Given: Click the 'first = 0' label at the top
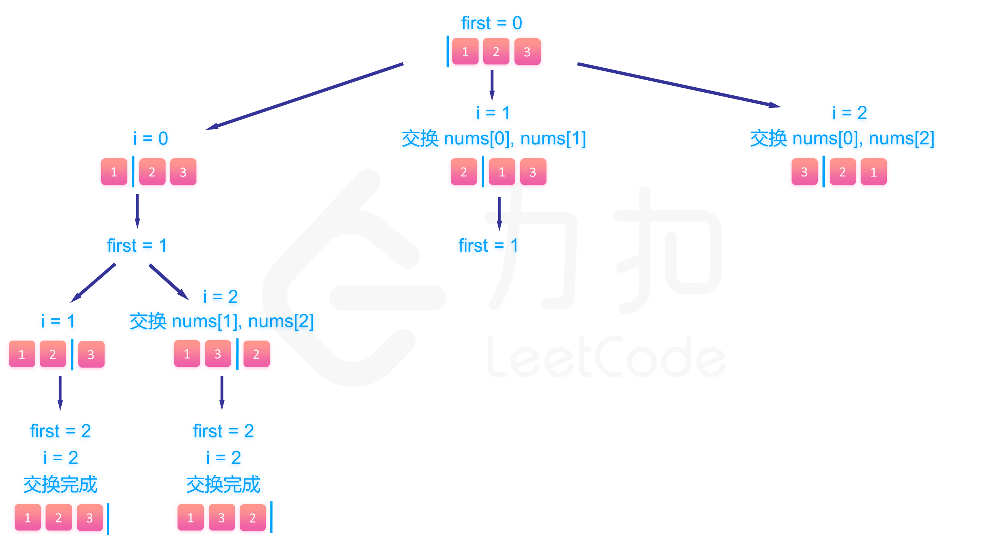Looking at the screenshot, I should (491, 23).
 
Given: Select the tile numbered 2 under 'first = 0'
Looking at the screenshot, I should (496, 51).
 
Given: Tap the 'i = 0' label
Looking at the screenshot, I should (151, 138).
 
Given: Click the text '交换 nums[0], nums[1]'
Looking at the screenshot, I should (494, 138).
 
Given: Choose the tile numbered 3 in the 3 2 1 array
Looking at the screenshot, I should (804, 172).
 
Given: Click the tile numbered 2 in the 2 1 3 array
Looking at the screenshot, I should (464, 172).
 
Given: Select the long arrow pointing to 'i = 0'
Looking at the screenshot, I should (305, 96).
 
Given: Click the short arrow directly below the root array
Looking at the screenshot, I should (492, 85).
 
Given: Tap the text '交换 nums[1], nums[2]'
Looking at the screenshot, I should (222, 321).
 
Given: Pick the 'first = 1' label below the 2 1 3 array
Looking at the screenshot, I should (488, 246).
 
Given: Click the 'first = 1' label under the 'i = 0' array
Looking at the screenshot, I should (137, 246).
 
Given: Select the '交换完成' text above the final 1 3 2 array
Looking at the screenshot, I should (223, 485).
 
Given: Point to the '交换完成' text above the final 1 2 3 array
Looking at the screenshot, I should (60, 485).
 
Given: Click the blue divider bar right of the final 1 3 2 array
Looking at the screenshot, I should (271, 517).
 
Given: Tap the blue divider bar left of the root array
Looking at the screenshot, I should (448, 51).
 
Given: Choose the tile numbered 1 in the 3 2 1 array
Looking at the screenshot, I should (874, 172).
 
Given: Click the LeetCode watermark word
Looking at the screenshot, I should (606, 357).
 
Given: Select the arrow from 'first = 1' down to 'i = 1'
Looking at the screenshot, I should (93, 283).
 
